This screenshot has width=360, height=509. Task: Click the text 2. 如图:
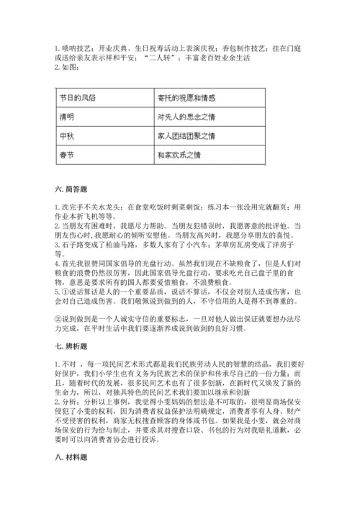pos(68,68)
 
